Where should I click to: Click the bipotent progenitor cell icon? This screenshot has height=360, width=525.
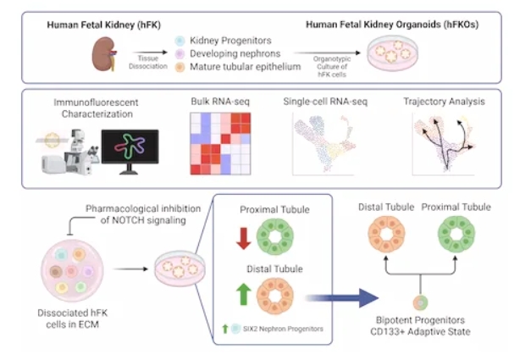(418, 300)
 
